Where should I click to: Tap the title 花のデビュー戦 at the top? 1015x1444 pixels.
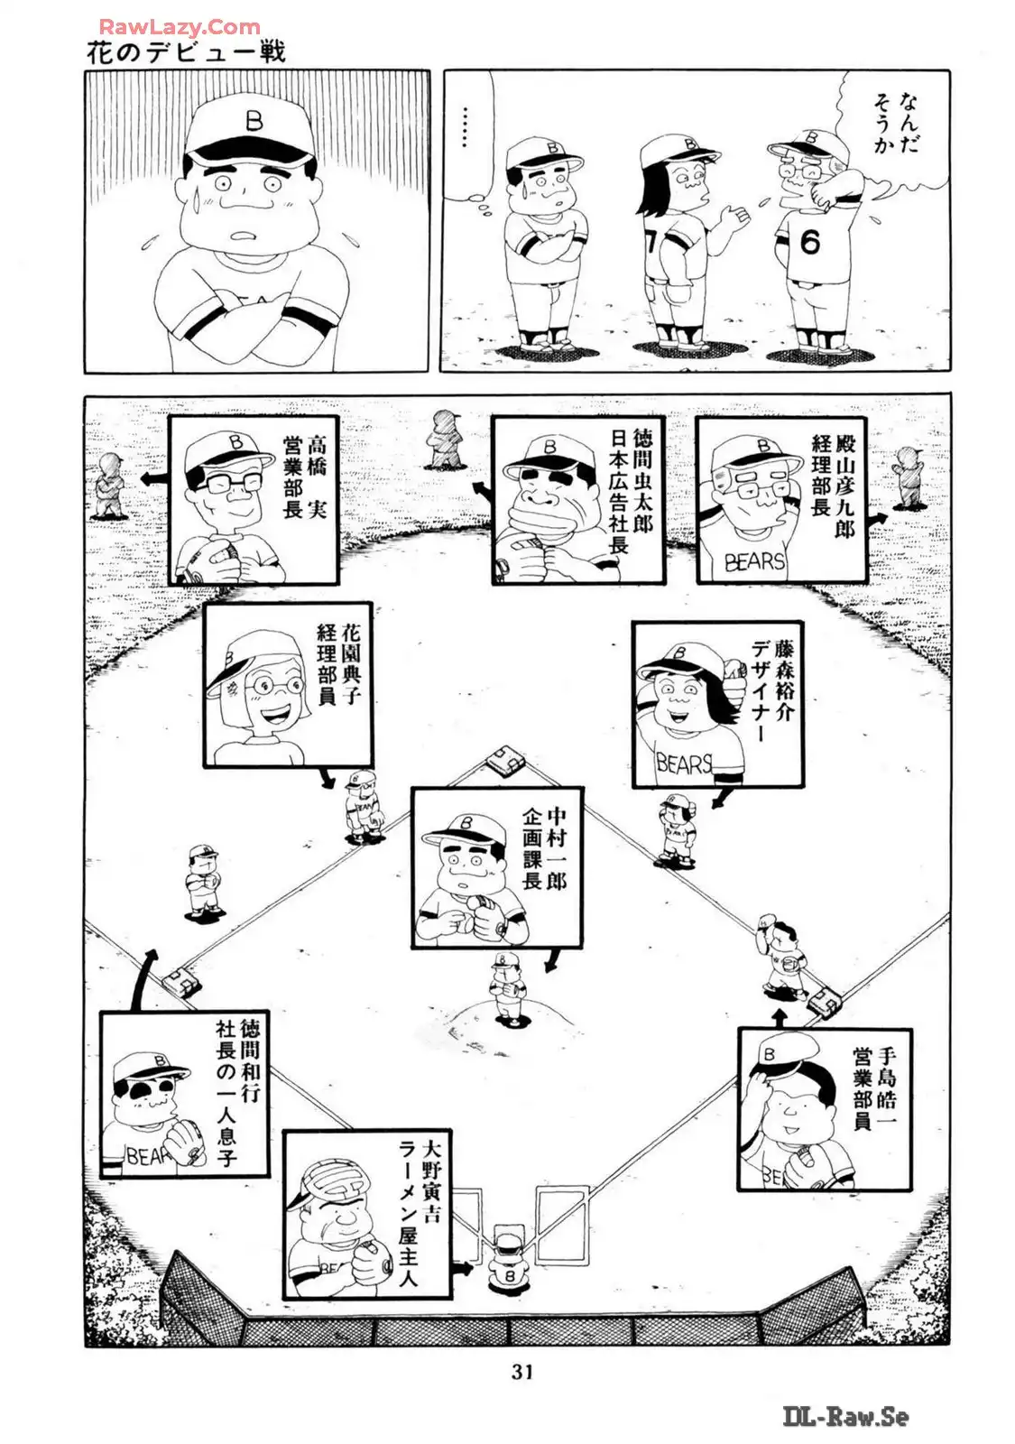pos(186,51)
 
